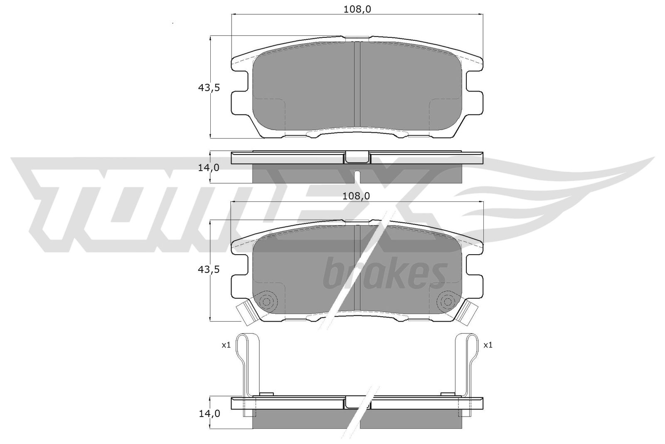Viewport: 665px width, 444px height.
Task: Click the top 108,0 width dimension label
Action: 357,10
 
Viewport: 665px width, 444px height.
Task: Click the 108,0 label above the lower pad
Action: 356,196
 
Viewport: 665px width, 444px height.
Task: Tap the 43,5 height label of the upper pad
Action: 209,88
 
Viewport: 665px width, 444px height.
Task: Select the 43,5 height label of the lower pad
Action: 209,270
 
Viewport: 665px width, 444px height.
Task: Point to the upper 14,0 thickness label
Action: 209,168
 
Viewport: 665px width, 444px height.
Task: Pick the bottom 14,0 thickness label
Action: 209,413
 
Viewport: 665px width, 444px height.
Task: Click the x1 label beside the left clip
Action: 226,345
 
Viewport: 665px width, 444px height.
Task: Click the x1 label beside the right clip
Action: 488,345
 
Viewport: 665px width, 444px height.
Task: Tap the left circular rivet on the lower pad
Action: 266,302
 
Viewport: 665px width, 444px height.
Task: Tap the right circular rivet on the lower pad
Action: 447,302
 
